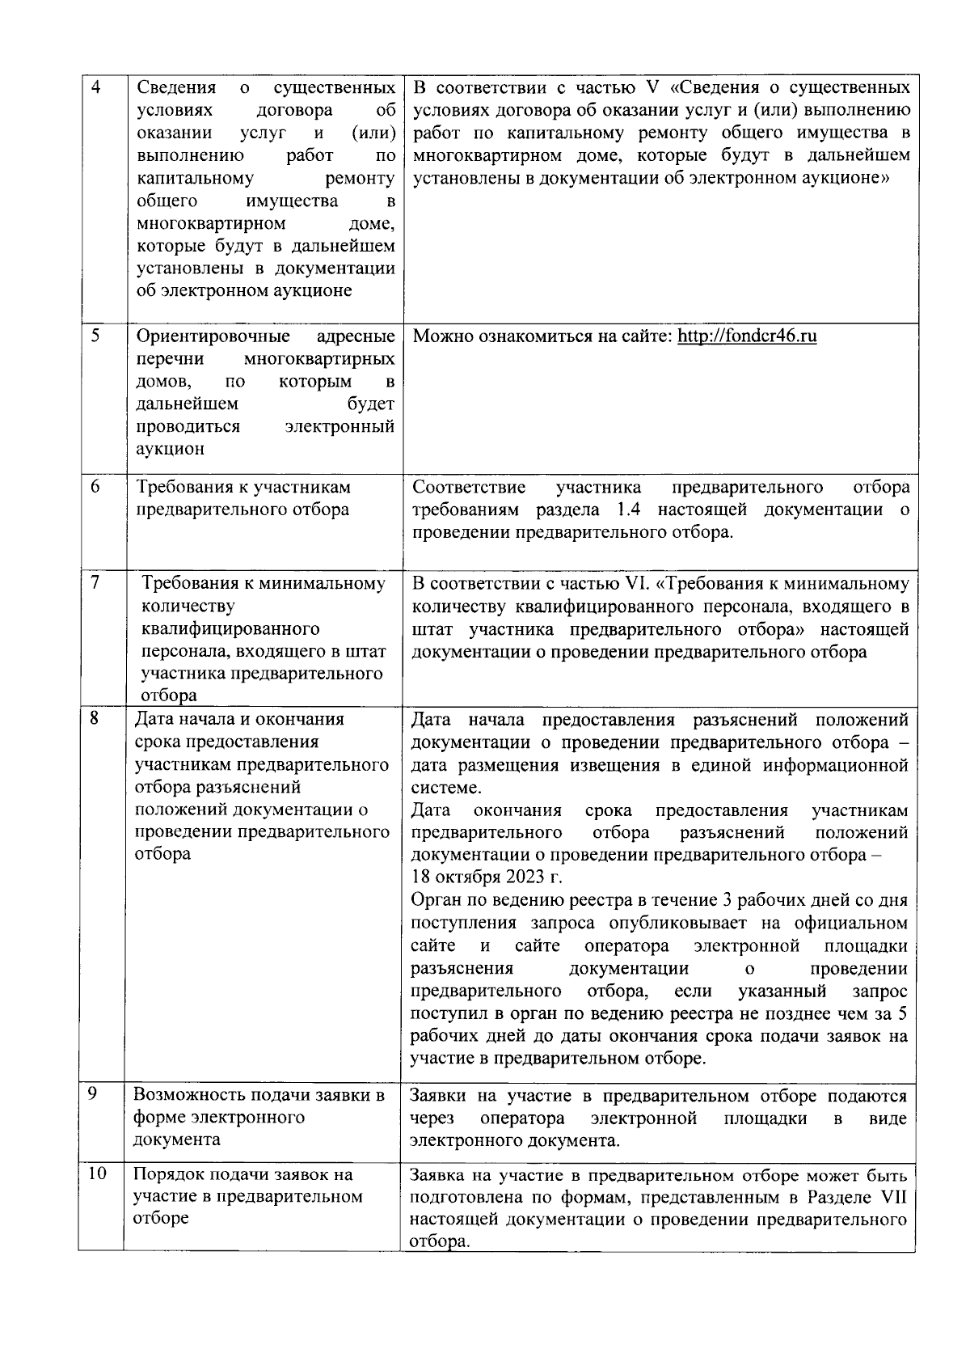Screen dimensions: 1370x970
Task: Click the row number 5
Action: click(x=95, y=336)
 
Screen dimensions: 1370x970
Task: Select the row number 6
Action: click(x=95, y=487)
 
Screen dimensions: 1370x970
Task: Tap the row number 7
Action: click(x=95, y=583)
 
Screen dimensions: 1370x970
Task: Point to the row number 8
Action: click(x=95, y=717)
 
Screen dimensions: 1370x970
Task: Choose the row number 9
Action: click(x=93, y=1093)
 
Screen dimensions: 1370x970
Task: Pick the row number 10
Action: click(x=97, y=1173)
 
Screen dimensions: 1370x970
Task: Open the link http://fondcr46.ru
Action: click(x=746, y=336)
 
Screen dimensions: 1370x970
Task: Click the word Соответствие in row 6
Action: click(x=469, y=487)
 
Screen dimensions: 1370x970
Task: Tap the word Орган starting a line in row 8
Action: click(x=437, y=900)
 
